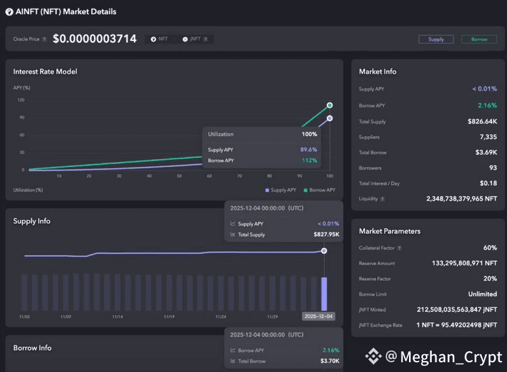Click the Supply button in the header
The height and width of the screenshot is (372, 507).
click(x=436, y=39)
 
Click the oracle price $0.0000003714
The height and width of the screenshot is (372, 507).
click(x=95, y=39)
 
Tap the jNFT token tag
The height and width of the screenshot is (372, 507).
click(x=195, y=39)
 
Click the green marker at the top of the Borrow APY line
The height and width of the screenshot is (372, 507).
click(x=329, y=105)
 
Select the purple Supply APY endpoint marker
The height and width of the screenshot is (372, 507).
click(x=329, y=118)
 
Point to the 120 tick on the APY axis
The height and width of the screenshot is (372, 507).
click(x=21, y=100)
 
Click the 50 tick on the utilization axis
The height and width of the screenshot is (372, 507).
click(x=179, y=176)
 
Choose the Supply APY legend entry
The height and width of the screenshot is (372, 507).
click(x=280, y=190)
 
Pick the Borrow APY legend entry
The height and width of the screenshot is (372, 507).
click(x=320, y=190)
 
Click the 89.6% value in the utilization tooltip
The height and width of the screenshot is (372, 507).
click(x=309, y=150)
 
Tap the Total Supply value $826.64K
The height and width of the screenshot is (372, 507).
click(x=482, y=122)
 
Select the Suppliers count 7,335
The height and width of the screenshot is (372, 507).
click(x=488, y=137)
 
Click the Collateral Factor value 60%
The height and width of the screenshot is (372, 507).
click(x=490, y=248)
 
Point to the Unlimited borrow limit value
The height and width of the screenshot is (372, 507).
click(x=483, y=294)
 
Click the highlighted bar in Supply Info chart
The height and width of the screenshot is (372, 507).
click(x=324, y=294)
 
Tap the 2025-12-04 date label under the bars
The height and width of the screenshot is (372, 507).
click(x=318, y=316)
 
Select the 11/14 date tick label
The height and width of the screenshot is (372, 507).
click(x=118, y=317)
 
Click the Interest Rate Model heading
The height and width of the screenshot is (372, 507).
click(x=45, y=72)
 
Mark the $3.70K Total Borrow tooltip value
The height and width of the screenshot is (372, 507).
click(x=330, y=361)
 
